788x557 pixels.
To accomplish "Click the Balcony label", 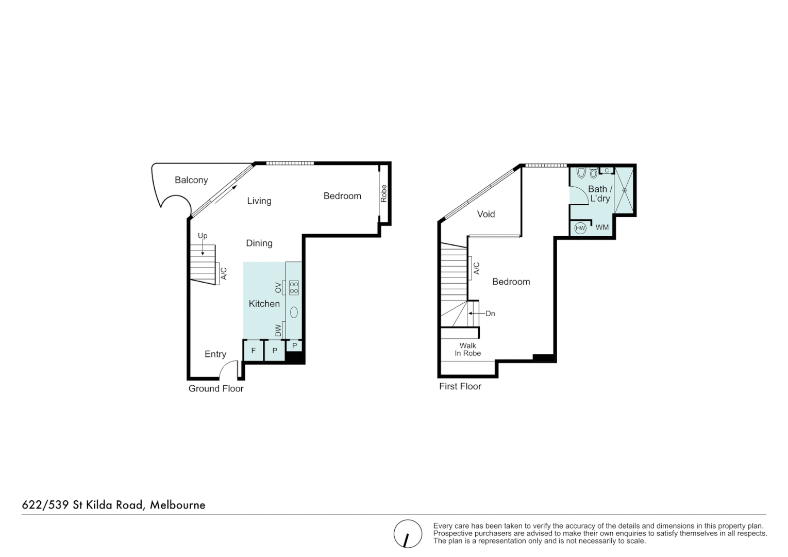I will point(191,180).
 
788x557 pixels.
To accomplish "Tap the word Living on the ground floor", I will point(259,201).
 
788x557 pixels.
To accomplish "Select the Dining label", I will point(259,243).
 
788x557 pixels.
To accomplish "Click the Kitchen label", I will point(264,304).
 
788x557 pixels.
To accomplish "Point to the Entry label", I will point(215,354).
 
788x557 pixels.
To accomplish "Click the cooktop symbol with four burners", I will point(294,287).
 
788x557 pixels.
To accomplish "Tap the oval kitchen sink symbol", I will point(294,312).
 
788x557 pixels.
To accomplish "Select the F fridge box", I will point(253,351).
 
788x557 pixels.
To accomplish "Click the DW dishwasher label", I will point(278,330).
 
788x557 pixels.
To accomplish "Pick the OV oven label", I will point(278,287).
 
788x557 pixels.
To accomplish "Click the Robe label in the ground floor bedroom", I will point(383,193).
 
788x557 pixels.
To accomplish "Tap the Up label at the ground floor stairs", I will point(203,236).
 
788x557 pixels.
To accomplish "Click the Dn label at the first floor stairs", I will point(490,314).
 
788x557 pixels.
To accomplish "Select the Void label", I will point(485,214).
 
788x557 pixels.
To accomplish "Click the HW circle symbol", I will point(580,228).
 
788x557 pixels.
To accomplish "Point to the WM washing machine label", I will point(602,227).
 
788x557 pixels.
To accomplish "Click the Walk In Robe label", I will point(467,350).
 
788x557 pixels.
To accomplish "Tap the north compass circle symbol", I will point(408,534).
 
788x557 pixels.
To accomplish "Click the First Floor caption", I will point(460,386).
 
